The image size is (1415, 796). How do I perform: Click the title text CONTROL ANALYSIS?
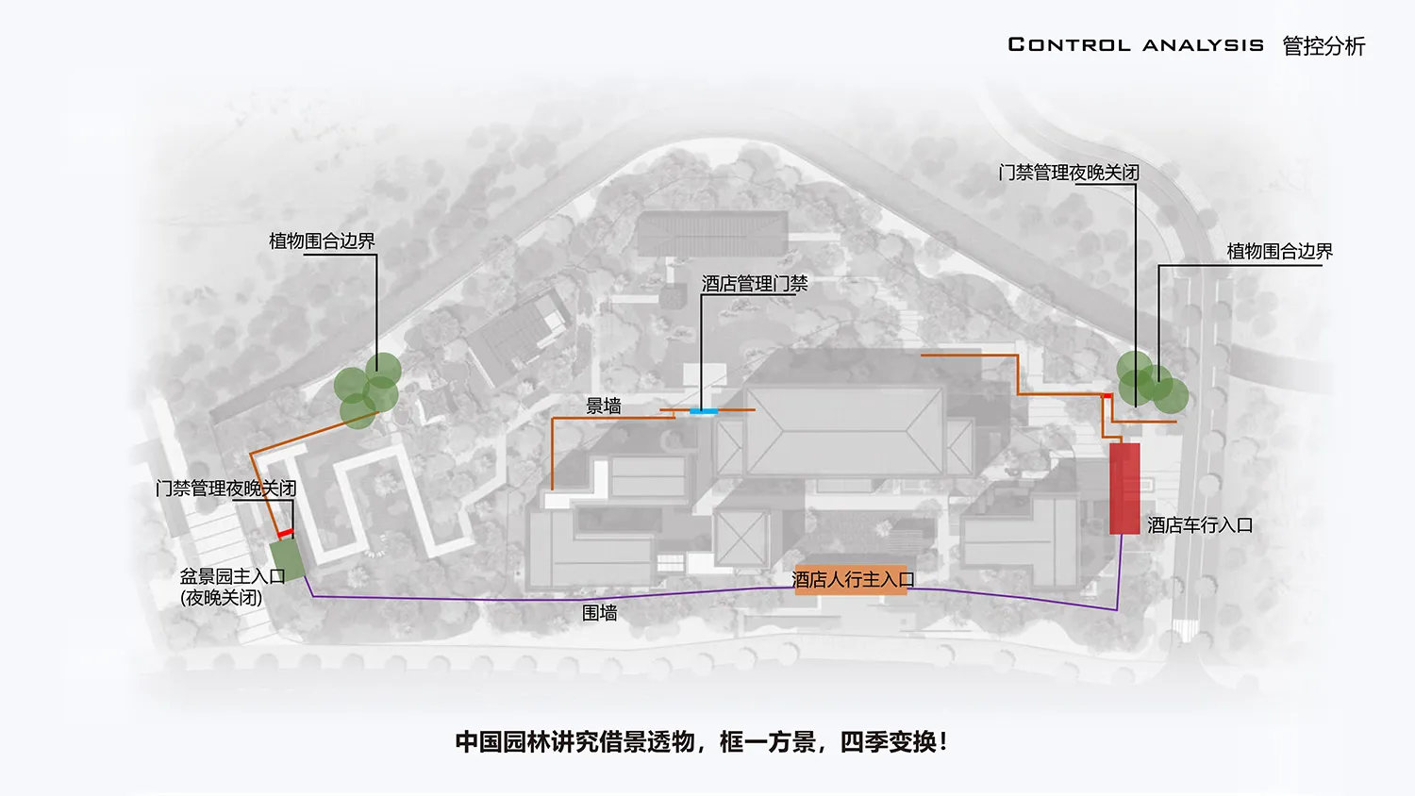pyautogui.click(x=1136, y=45)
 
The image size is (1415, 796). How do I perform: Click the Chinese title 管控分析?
pyautogui.click(x=1324, y=46)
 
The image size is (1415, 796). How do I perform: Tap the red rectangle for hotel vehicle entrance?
pyautogui.click(x=1124, y=489)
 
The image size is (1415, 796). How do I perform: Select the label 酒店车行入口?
pyautogui.click(x=1200, y=525)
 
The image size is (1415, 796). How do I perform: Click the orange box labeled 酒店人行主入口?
pyautogui.click(x=851, y=579)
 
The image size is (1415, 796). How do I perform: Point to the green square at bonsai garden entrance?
pyautogui.click(x=288, y=559)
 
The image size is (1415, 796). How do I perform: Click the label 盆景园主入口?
pyautogui.click(x=232, y=575)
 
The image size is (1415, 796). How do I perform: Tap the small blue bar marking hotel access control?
pyautogui.click(x=704, y=411)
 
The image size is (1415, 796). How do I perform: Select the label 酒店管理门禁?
pyautogui.click(x=755, y=284)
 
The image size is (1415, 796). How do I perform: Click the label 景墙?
pyautogui.click(x=604, y=406)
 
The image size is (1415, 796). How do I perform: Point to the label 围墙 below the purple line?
pyautogui.click(x=599, y=612)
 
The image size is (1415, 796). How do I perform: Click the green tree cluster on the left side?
pyautogui.click(x=368, y=390)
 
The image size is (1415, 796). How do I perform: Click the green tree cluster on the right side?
pyautogui.click(x=1152, y=383)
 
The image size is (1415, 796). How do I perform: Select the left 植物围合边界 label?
pyautogui.click(x=323, y=240)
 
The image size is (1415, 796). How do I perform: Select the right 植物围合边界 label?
pyautogui.click(x=1280, y=252)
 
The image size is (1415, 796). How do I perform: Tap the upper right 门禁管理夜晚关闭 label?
pyautogui.click(x=1069, y=173)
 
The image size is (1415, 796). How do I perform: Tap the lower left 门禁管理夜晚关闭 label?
pyautogui.click(x=226, y=489)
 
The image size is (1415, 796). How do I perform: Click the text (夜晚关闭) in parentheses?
pyautogui.click(x=221, y=598)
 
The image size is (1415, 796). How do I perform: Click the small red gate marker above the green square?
pyautogui.click(x=286, y=534)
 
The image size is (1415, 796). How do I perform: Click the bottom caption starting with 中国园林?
pyautogui.click(x=702, y=742)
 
